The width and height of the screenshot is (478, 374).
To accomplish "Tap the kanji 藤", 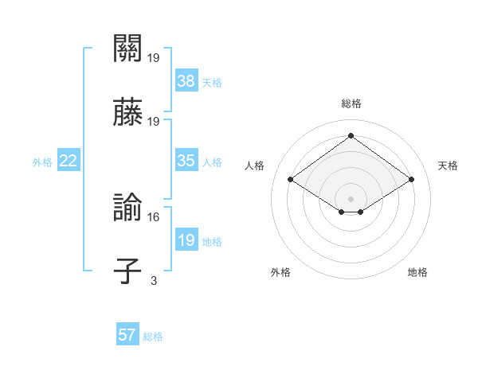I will tap(127, 113).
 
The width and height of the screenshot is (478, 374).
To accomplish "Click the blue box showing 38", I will tap(186, 80).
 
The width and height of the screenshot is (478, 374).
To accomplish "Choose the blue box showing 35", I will tap(186, 161).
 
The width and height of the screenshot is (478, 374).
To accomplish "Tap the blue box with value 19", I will tap(186, 240).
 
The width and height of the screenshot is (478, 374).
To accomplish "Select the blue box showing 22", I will tap(69, 161).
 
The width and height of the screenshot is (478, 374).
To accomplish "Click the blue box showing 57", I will tap(127, 335).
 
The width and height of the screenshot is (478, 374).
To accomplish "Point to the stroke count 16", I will tap(154, 216).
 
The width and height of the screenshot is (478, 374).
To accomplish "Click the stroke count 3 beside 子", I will tap(154, 279).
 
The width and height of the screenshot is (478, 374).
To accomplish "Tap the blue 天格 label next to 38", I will tap(212, 82).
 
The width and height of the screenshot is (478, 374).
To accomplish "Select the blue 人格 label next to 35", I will tap(212, 162).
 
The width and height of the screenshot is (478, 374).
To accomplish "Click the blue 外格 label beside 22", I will tap(42, 162).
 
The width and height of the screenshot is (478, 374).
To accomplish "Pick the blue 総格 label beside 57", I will tap(153, 337).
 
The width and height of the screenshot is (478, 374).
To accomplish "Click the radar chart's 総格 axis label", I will tap(351, 103).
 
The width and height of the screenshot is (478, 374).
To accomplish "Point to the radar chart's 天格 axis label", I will tap(448, 166).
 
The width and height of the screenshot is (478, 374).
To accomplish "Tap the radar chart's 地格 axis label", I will tap(417, 272).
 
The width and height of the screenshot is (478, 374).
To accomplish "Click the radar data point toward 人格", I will tap(291, 180).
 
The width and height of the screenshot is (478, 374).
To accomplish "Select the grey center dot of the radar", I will tap(351, 198).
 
